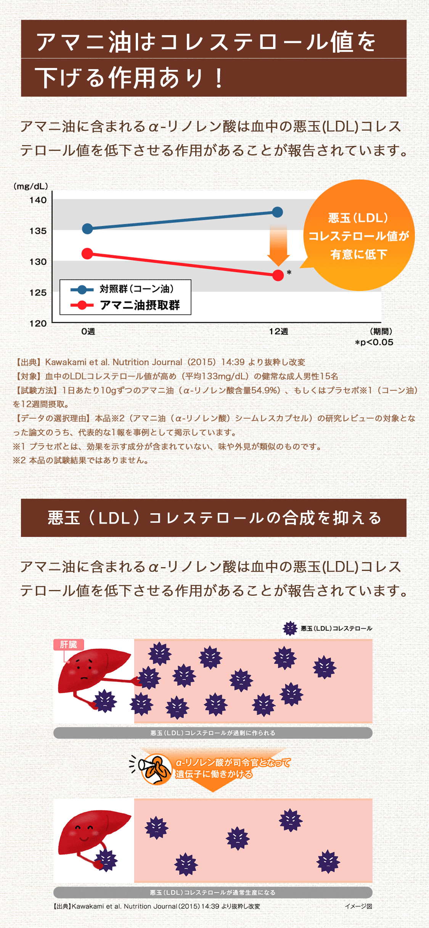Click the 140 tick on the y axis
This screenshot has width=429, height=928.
38,200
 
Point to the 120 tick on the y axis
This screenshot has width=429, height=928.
38,323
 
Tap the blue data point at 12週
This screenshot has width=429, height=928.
278,212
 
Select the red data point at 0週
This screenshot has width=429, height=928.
87,254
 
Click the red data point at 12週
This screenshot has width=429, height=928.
278,275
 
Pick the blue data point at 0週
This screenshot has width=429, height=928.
87,229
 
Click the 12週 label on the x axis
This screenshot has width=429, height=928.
278,331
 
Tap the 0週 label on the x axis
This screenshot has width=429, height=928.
88,331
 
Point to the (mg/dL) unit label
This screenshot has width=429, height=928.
31,186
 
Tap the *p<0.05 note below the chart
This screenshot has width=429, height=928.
374,342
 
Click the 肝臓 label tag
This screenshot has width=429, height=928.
69,645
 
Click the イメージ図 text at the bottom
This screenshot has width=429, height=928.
358,906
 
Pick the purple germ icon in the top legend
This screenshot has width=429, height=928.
290,628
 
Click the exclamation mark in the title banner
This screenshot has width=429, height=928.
219,78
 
